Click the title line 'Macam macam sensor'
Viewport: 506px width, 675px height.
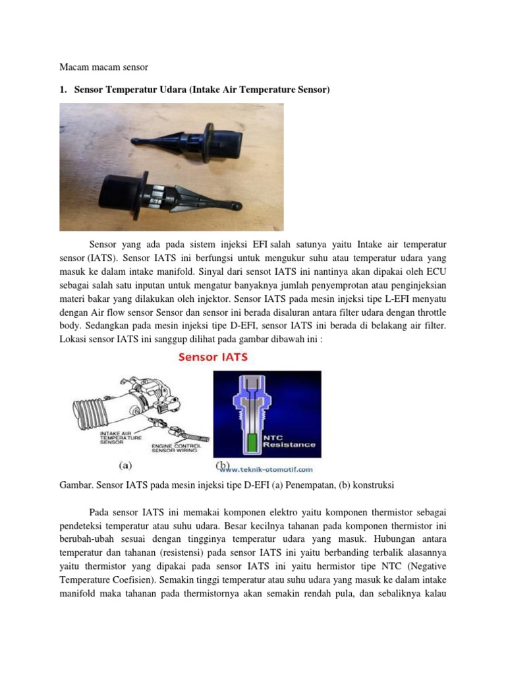coord(104,67)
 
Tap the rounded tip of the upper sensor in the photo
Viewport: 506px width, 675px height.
coord(134,141)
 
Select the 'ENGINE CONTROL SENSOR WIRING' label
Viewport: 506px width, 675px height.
coord(173,450)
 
